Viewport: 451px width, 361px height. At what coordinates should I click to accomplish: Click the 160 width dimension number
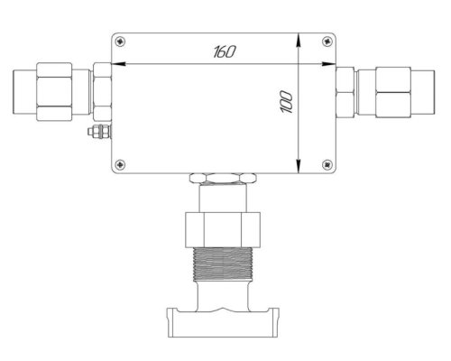click(225, 51)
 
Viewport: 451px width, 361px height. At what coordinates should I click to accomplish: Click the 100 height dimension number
click(287, 102)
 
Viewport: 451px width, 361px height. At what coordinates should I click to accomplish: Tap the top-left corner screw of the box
click(121, 42)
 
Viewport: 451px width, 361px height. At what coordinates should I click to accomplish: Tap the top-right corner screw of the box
click(327, 42)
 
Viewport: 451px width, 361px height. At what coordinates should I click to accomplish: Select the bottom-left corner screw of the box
click(121, 164)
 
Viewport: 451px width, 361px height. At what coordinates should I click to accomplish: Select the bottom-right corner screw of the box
click(327, 164)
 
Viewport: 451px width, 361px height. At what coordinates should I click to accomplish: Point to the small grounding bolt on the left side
click(99, 132)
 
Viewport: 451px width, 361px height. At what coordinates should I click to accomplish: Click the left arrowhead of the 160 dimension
click(118, 64)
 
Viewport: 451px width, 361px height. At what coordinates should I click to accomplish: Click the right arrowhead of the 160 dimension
click(328, 64)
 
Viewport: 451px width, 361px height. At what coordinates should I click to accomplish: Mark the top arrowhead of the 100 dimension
click(299, 40)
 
